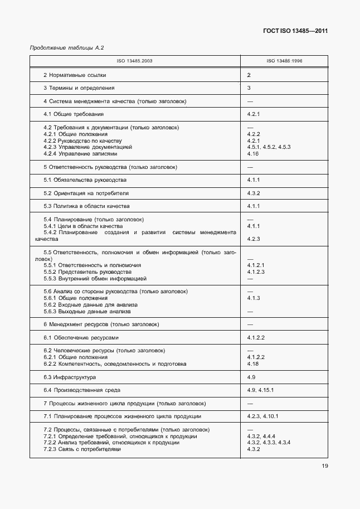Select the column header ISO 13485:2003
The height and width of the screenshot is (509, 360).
click(135, 61)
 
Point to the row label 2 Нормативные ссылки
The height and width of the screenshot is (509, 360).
click(75, 75)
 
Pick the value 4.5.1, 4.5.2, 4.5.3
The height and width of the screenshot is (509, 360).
click(269, 147)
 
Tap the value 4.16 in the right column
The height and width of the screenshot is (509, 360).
click(253, 153)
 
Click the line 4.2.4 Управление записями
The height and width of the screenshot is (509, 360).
click(80, 153)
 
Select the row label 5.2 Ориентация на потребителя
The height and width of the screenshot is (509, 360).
click(86, 193)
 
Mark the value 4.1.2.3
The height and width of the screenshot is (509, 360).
click(256, 272)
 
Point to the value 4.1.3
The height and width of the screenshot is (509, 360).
click(254, 298)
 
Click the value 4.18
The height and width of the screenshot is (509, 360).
click(253, 364)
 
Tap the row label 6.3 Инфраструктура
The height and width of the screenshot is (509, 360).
click(70, 377)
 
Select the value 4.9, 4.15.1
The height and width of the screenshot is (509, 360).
click(260, 390)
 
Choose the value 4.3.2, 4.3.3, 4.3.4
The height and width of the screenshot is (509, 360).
click(269, 443)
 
